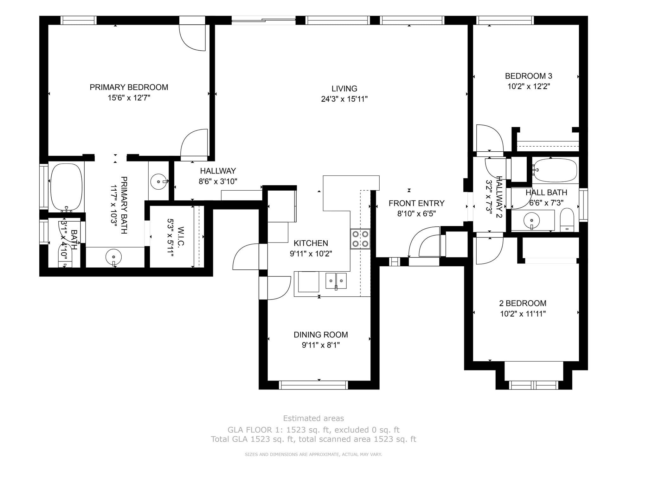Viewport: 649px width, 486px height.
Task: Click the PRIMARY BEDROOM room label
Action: (x=129, y=87)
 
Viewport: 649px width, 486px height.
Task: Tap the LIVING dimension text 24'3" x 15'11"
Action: (x=344, y=99)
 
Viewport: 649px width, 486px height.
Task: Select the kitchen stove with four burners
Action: (x=360, y=239)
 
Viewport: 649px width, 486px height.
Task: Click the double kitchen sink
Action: (x=336, y=281)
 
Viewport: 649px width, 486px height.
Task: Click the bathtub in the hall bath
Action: (x=555, y=170)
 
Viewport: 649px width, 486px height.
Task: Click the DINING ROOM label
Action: (x=321, y=335)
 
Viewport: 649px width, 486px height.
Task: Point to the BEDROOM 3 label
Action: (x=528, y=76)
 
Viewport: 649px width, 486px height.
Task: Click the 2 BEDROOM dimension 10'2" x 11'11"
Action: (x=523, y=314)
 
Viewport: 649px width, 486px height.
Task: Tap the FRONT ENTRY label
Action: (x=416, y=203)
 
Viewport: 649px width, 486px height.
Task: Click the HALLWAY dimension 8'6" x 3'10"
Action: (x=218, y=181)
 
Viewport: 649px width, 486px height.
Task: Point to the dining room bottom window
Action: (x=313, y=385)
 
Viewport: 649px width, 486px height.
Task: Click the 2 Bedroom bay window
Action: (x=534, y=385)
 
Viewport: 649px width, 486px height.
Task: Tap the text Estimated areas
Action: (x=313, y=419)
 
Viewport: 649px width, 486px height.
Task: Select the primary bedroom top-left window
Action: (x=78, y=20)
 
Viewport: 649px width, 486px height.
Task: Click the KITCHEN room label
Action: (x=311, y=243)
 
